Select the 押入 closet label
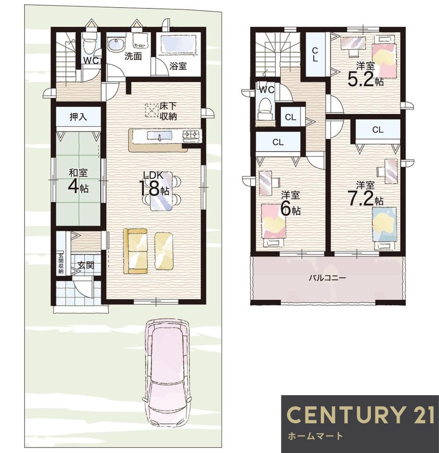(78, 117)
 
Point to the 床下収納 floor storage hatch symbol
(152, 110)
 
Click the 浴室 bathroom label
(179, 66)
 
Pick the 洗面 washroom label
(133, 56)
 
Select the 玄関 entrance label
(86, 265)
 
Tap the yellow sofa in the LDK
(135, 251)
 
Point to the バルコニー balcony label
(327, 278)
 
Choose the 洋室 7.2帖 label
(366, 194)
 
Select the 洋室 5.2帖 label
(365, 74)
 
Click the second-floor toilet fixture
(266, 107)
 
